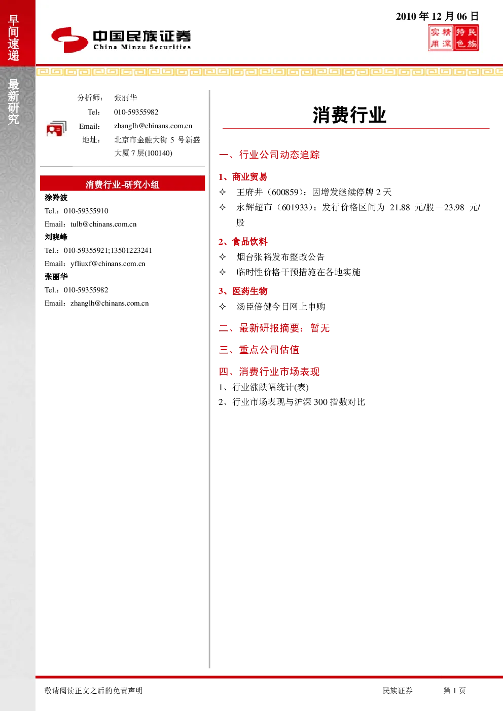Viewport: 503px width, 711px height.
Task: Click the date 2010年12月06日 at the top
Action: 437,16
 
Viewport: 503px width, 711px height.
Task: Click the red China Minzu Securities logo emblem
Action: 69,40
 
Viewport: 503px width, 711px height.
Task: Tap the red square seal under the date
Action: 453,38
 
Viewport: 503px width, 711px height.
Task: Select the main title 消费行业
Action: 349,115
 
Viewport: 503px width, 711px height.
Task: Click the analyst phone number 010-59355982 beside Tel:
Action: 136,112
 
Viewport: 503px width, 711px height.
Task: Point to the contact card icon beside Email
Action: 56,129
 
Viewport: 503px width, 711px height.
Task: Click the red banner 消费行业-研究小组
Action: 122,184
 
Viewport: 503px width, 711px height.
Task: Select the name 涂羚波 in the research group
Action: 56,198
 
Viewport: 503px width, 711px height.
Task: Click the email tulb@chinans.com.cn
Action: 103,224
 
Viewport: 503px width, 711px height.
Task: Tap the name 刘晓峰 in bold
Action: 56,237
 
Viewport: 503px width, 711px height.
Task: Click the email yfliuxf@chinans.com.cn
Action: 107,264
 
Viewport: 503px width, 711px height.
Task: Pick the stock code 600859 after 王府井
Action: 285,192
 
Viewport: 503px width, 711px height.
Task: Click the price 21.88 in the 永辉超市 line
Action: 400,207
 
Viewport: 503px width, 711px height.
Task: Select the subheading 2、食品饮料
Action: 243,242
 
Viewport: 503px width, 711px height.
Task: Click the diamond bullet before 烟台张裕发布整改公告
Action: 222,257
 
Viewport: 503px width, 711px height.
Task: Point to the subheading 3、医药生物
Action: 243,291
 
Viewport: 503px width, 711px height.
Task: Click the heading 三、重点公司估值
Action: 259,350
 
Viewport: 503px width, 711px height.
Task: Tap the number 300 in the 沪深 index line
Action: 320,402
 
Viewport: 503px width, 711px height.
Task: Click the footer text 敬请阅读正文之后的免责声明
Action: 93,690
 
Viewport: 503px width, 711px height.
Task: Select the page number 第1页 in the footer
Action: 454,690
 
